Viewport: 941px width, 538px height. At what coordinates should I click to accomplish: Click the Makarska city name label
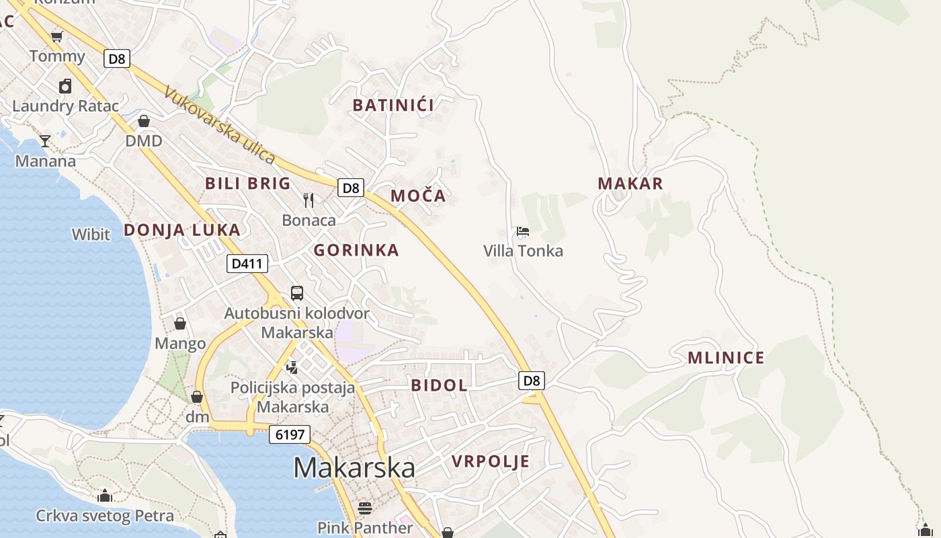coord(354,467)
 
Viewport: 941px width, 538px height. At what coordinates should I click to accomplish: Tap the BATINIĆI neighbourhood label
coord(393,105)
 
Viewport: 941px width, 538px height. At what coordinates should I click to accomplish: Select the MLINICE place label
coord(726,358)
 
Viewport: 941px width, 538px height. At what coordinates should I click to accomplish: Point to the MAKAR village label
coord(630,184)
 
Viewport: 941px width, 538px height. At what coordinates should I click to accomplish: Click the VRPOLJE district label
coord(491,461)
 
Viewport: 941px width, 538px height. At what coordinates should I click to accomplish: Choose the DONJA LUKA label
coord(181,230)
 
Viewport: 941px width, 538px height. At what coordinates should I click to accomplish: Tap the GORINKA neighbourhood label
coord(356,250)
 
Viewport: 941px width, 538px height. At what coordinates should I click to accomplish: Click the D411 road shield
coord(247,264)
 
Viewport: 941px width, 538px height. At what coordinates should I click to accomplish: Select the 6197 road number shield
coord(290,434)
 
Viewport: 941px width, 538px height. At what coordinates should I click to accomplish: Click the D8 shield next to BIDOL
coord(532,381)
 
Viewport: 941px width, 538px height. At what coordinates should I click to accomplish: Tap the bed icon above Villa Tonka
coord(523,232)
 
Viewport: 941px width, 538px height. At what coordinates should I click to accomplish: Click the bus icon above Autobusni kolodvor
coord(296,293)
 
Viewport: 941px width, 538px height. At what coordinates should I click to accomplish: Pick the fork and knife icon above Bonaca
coord(309,200)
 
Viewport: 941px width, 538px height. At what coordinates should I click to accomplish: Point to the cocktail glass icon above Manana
coord(45,141)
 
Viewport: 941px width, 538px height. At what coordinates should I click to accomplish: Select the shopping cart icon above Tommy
coord(57,36)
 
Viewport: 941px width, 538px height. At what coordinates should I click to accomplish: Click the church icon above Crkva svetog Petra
coord(104,496)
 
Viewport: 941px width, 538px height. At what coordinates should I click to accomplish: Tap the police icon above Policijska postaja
coord(292,367)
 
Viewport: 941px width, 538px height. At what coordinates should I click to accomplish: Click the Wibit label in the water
coord(91,235)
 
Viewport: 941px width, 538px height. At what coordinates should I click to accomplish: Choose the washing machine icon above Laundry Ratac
coord(65,85)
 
